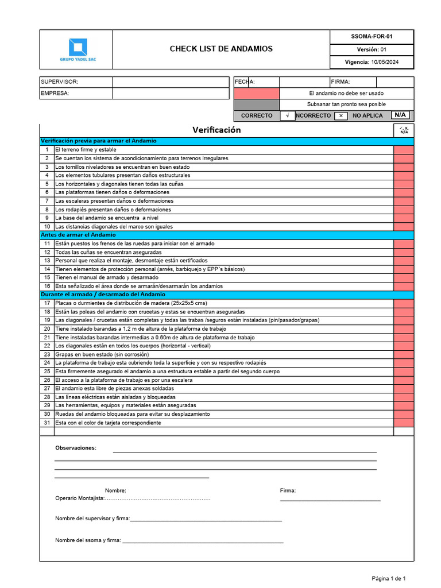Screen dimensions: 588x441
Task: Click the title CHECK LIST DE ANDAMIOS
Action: click(221, 49)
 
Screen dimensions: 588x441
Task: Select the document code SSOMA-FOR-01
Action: click(372, 36)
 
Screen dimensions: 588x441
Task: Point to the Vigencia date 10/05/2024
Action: click(384, 62)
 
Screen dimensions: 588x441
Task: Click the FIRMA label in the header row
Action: click(341, 82)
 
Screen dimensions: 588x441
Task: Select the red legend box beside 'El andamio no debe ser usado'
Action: click(256, 93)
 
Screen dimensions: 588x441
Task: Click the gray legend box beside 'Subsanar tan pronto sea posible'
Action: click(256, 105)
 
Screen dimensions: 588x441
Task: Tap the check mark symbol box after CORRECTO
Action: click(287, 115)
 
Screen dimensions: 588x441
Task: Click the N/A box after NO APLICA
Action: click(400, 115)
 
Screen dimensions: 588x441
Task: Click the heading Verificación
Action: click(216, 130)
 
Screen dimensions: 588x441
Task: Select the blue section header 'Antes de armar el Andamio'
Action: click(78, 235)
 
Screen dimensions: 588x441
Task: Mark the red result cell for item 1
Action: click(403, 149)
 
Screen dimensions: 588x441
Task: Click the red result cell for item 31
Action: click(403, 423)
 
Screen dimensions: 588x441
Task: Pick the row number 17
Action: click(47, 303)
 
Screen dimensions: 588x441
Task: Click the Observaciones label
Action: click(76, 448)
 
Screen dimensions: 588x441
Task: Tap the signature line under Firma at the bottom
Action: click(330, 500)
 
